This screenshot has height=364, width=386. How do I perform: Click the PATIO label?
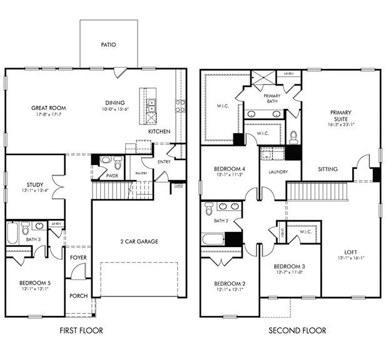109,45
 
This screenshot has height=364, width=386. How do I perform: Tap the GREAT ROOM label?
49,108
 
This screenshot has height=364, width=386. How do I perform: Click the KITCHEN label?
159,132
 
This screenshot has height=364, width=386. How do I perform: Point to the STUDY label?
34,185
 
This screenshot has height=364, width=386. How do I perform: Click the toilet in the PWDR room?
106,163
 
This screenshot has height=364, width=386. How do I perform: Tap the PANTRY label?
141,173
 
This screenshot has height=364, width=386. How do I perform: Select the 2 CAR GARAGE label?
138,241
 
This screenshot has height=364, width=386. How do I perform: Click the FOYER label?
78,257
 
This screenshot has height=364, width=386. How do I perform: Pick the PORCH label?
78,296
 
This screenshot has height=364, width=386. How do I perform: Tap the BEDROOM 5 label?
34,284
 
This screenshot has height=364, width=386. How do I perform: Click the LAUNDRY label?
278,172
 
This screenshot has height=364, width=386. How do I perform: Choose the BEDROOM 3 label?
288,266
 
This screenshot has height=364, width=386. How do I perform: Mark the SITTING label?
327,169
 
